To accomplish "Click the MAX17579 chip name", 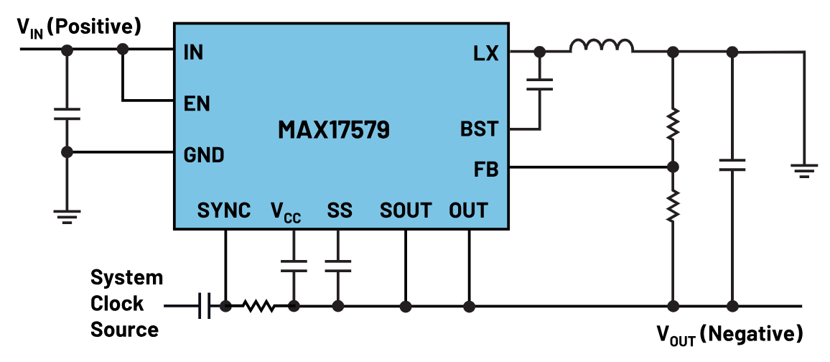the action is click(333, 130).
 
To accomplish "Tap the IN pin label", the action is click(194, 53).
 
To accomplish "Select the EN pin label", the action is click(197, 103).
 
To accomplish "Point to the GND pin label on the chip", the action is click(204, 155).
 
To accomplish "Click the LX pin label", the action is click(486, 53).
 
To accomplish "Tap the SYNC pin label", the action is click(224, 210).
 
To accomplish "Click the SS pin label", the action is click(340, 210).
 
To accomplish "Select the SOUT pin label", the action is click(406, 210).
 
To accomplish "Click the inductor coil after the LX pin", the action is click(602, 47).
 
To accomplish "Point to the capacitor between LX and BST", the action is click(539, 85).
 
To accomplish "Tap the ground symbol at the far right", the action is click(804, 170).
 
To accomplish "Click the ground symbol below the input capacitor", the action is click(67, 217).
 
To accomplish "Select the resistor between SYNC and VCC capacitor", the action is click(258, 305).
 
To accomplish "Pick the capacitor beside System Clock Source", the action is click(205, 305).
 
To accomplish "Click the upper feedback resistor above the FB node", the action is click(673, 124).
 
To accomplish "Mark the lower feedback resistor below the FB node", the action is click(673, 206).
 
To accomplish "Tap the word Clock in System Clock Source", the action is click(117, 304).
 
